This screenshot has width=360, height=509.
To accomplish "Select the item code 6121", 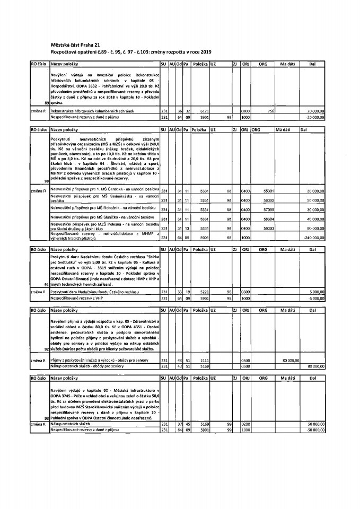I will tap(198, 111).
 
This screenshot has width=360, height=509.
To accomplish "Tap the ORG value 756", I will tap(270, 111).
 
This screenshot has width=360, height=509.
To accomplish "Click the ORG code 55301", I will tap(268, 191).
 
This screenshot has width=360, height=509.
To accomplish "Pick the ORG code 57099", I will tap(268, 210).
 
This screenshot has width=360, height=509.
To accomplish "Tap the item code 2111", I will tap(198, 360).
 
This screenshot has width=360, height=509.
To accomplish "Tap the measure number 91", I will tap(47, 285).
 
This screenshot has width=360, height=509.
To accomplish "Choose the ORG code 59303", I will tap(268, 229).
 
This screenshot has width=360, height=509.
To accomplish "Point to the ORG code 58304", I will tap(268, 219).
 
